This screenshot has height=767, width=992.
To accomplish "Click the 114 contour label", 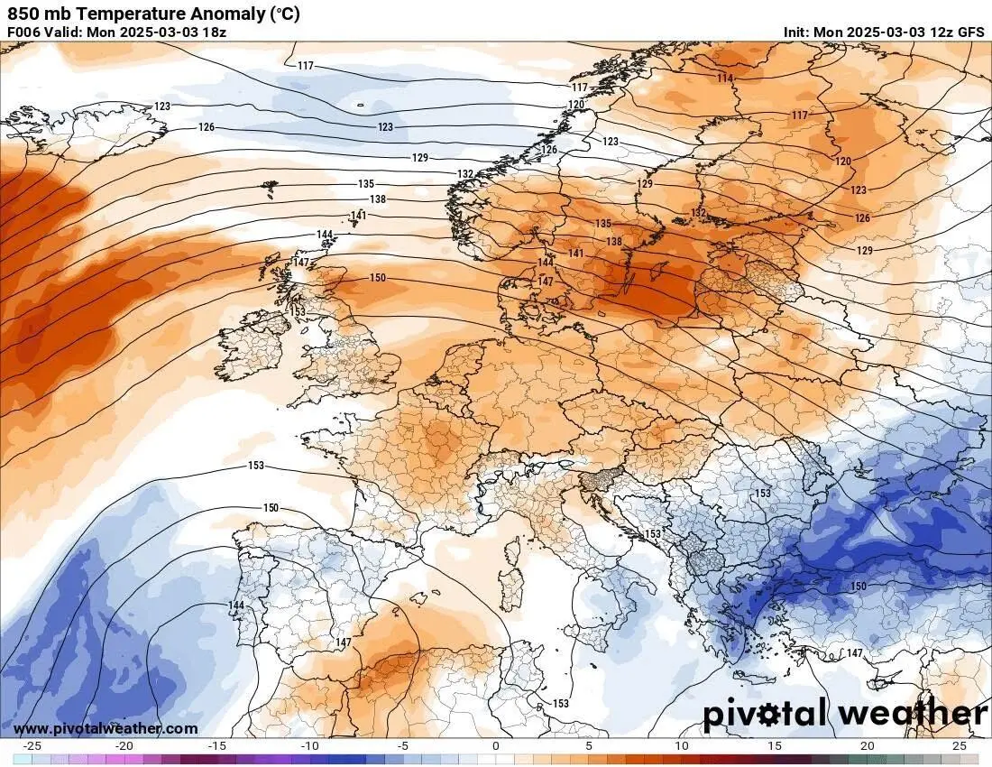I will point(725,79).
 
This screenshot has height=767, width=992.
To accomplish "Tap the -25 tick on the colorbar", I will point(33,746).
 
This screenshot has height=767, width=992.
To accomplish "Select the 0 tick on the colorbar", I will point(495,746).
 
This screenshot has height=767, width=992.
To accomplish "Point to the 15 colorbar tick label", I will point(774,746).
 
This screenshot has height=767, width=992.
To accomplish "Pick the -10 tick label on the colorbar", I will point(309,746).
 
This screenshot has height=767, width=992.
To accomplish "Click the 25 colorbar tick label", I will point(960,746).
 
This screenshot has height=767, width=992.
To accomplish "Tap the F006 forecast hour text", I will point(24,32).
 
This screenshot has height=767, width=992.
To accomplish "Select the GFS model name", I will point(970,32).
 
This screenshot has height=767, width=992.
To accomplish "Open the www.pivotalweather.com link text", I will point(106,728).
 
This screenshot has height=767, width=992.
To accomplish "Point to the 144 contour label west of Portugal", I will point(236,605).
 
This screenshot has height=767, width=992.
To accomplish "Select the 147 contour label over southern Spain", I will point(343,642).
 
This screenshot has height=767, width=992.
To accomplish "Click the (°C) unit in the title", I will point(282,14).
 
